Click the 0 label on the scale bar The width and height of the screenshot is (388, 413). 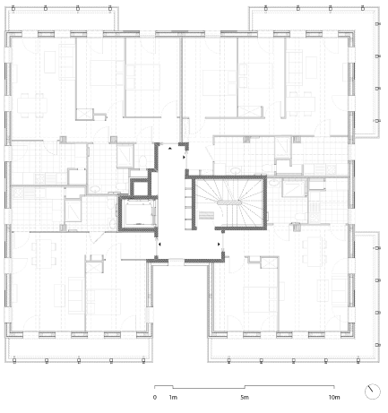tap(154, 398)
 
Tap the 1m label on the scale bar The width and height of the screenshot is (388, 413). tap(173, 398)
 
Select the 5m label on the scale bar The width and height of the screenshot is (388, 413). tap(245, 398)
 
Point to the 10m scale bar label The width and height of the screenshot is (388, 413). tap(334, 398)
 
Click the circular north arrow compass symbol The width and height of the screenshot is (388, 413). tap(373, 391)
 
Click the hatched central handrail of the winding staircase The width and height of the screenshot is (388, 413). tap(229, 202)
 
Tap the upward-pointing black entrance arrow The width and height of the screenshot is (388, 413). tap(170, 148)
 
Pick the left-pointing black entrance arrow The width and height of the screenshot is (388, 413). tap(160, 245)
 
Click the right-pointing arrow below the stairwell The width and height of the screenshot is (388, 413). tap(219, 245)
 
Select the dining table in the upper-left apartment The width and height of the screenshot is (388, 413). tap(32, 106)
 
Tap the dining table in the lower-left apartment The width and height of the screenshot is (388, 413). tap(44, 254)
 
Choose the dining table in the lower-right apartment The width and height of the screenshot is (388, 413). tap(313, 252)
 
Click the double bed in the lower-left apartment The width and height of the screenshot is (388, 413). tap(103, 301)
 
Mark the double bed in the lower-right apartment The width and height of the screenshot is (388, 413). tap(261, 299)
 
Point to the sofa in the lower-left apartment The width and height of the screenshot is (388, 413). tap(76, 296)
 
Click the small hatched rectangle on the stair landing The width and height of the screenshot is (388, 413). tap(206, 215)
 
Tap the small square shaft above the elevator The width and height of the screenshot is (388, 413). tap(141, 188)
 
